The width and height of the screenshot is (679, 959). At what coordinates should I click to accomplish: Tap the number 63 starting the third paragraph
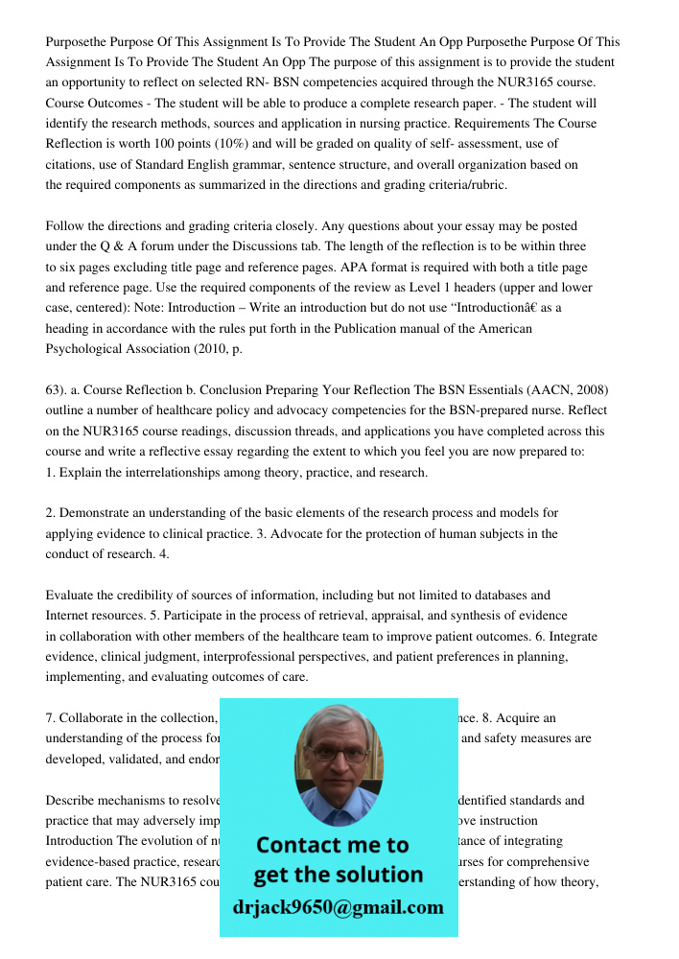coord(55,390)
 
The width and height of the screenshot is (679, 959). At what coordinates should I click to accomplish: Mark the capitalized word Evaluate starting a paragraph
coord(72,596)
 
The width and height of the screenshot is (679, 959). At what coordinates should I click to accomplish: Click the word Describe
coord(72,801)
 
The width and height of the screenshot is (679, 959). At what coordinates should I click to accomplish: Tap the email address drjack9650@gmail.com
coord(339,907)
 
